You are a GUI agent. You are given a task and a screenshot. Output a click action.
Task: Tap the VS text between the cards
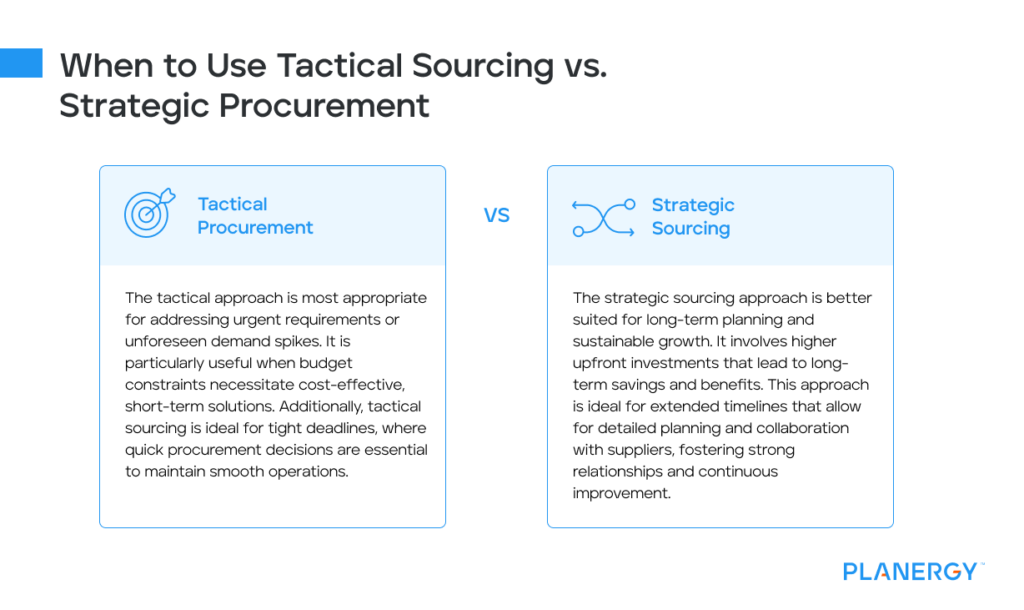[497, 216]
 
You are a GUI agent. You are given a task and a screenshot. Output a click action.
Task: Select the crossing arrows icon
[603, 217]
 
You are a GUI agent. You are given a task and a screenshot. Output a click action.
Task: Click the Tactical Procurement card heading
[255, 216]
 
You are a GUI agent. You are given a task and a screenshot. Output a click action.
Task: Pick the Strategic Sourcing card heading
[692, 217]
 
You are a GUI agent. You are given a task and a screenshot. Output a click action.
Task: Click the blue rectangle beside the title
[21, 63]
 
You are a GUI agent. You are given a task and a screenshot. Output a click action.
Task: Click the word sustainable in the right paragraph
[619, 341]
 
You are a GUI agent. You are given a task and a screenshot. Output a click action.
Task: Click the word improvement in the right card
[623, 493]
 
